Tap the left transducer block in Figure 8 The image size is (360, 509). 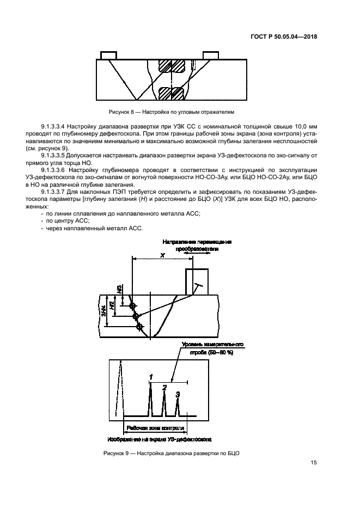click(108, 55)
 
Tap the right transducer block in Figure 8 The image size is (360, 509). click(211, 55)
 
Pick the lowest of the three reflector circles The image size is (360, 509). click(140, 327)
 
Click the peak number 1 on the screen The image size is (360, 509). click(151, 376)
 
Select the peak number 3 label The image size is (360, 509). click(177, 394)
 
